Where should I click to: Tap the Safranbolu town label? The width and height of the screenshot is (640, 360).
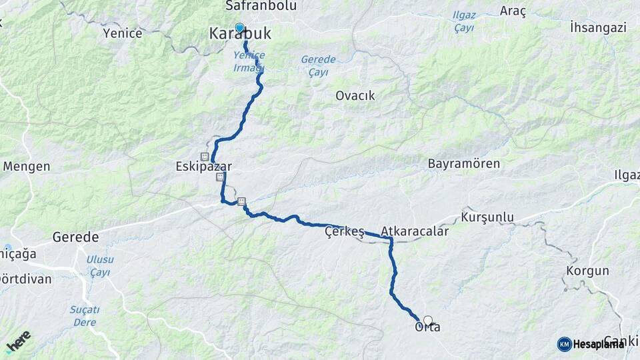click(250, 6)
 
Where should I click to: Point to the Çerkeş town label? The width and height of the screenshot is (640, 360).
click(344, 232)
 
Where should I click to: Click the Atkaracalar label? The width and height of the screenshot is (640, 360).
click(415, 232)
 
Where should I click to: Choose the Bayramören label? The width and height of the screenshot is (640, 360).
click(463, 163)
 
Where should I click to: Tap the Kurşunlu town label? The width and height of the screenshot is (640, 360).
click(487, 218)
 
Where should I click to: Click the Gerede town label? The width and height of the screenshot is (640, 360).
click(75, 237)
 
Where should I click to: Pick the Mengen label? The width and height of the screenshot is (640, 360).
click(27, 166)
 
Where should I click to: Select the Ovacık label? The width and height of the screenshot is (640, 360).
click(355, 95)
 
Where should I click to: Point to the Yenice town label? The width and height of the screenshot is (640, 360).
click(123, 33)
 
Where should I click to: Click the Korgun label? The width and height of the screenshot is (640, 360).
click(587, 271)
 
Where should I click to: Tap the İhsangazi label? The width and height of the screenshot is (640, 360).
click(598, 27)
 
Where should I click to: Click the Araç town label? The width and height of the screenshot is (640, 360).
click(513, 12)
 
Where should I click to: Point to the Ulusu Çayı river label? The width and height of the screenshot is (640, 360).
click(100, 265)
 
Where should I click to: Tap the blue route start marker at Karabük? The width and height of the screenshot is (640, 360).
click(239, 28)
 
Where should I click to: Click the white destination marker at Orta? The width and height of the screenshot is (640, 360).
click(428, 321)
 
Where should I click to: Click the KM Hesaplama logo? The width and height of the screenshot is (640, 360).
click(591, 344)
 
